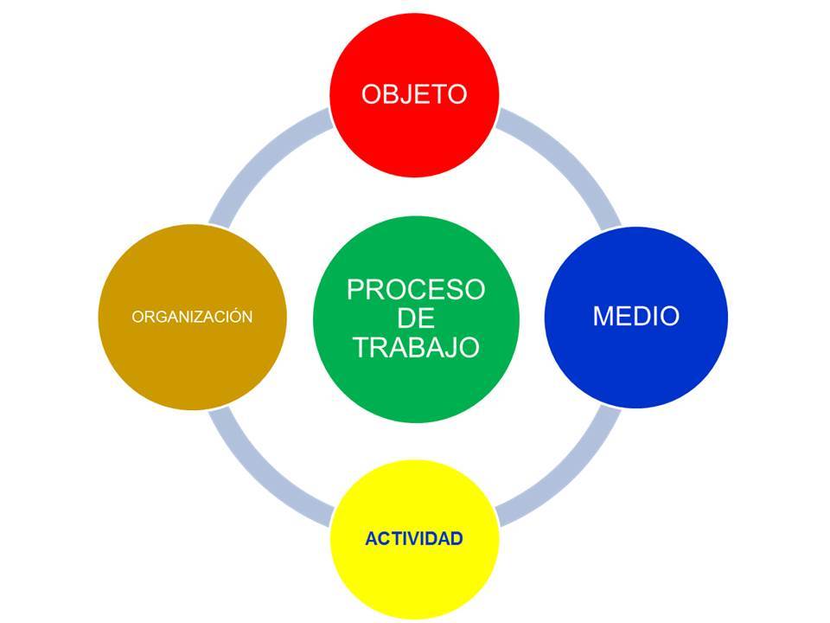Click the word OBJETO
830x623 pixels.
tap(414, 94)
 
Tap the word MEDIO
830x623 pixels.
tap(635, 316)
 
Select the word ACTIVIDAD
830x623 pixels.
tap(414, 538)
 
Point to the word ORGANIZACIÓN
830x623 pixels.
tap(192, 317)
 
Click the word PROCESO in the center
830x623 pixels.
tap(416, 289)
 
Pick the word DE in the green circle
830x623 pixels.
tap(416, 318)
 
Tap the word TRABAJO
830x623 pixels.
tap(416, 348)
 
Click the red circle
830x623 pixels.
tap(414, 95)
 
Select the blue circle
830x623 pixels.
tap(635, 317)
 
